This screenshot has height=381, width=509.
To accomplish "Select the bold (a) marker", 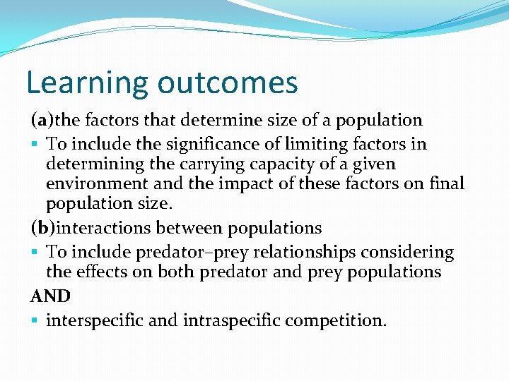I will point(40,121).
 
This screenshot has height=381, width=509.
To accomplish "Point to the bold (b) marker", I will point(40,229).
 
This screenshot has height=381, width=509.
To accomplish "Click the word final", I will point(447,184).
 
